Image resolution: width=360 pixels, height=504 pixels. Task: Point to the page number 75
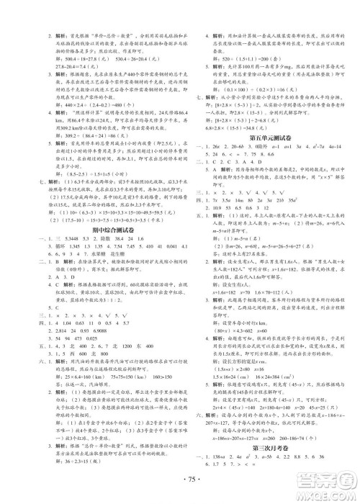(180, 481)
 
